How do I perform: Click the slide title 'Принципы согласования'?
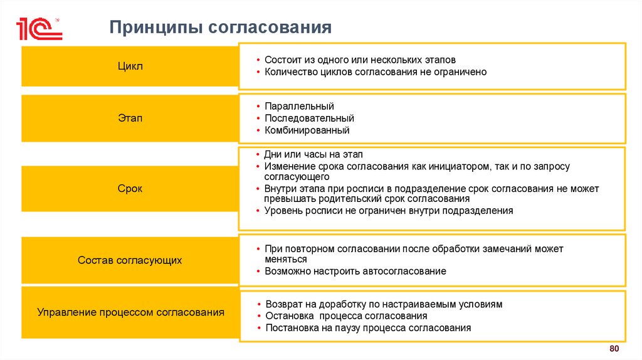(x=220, y=27)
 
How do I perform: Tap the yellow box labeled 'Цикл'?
(x=130, y=66)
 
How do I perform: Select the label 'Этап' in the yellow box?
(x=130, y=118)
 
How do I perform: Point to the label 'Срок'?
(x=130, y=188)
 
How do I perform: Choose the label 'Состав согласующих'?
(x=130, y=260)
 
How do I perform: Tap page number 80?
(x=614, y=349)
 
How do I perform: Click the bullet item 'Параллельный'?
(x=299, y=106)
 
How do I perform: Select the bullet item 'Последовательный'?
(x=309, y=118)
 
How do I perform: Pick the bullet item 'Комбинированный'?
(x=307, y=130)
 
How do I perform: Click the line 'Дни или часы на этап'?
(x=313, y=154)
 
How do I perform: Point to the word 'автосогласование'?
(x=404, y=272)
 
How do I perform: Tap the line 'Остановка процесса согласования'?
(x=346, y=316)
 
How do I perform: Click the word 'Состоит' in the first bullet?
(x=282, y=60)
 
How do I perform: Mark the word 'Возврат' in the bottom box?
(x=282, y=304)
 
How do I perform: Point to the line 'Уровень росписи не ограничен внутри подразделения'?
(x=389, y=211)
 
